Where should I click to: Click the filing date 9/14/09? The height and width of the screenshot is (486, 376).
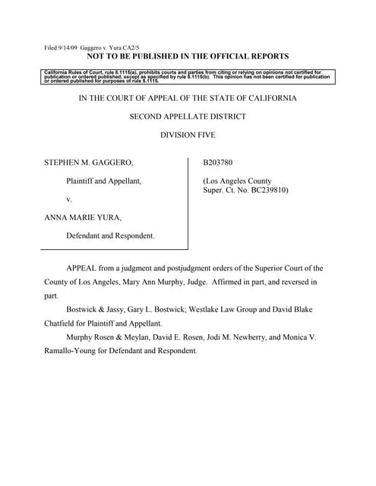pos(71,48)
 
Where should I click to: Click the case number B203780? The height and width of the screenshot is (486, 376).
pos(220,163)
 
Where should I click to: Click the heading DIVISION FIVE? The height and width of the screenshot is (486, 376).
pos(188,134)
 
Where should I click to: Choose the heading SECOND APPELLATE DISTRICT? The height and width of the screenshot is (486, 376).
pos(188,116)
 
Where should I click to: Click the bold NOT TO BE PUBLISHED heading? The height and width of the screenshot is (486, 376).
pos(188,57)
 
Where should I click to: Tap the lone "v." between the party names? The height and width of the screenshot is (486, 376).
pos(69,198)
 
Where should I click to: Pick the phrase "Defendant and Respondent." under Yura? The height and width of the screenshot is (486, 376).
pos(110,235)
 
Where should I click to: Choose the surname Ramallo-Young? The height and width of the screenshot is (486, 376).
pos(74,352)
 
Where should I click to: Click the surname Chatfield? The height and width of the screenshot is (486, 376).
pos(65,324)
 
